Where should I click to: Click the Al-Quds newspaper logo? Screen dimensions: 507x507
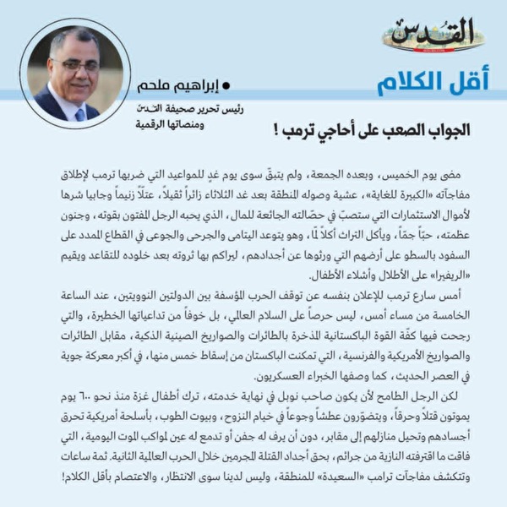pyautogui.click(x=433, y=35)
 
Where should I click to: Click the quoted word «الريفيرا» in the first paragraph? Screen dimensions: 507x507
pyautogui.click(x=448, y=274)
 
